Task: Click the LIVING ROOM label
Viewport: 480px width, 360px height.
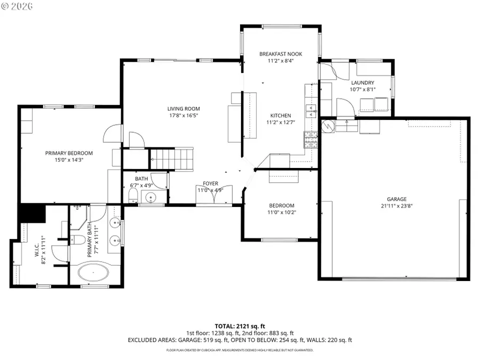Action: pyautogui.click(x=184, y=108)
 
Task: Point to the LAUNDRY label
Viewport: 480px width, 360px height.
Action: pyautogui.click(x=363, y=83)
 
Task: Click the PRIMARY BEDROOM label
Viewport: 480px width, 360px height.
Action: pyautogui.click(x=69, y=153)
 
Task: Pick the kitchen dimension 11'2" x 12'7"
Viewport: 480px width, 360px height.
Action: pyautogui.click(x=281, y=122)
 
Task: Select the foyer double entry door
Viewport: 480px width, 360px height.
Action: pyautogui.click(x=214, y=197)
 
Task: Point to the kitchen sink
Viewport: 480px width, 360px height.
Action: pyautogui.click(x=310, y=110)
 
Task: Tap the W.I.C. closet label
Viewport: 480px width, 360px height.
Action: pyautogui.click(x=30, y=251)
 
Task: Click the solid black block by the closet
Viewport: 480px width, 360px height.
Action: pyautogui.click(x=32, y=213)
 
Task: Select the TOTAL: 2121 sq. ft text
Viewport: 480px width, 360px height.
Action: pyautogui.click(x=239, y=325)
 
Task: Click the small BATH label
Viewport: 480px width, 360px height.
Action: pyautogui.click(x=141, y=179)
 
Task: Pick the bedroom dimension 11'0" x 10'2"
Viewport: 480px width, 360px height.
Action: pyautogui.click(x=281, y=212)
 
